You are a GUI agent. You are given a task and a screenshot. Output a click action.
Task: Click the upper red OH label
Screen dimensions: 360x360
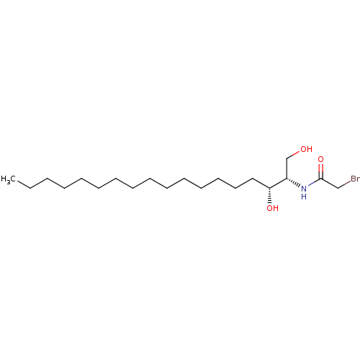click(306, 150)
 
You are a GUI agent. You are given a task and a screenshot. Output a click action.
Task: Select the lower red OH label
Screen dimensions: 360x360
click(272, 209)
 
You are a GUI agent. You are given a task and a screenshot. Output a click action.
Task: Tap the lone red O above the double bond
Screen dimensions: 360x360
click(320, 159)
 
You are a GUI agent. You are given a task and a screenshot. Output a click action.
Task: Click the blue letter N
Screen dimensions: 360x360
click(304, 188)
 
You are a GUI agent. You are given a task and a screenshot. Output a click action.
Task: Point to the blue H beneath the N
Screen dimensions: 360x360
click(304, 197)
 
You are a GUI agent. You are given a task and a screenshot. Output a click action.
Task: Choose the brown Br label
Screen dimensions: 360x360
click(355, 179)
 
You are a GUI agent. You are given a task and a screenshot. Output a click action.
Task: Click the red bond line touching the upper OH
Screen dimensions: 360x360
click(296, 153)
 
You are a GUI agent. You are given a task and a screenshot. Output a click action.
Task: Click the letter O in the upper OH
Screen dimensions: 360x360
click(303, 150)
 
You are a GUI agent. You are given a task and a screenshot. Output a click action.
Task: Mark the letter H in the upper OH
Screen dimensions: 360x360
click(310, 150)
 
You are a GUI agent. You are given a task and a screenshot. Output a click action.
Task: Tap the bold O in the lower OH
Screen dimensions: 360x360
click(269, 209)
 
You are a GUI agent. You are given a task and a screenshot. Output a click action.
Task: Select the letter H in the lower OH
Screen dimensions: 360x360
click(276, 209)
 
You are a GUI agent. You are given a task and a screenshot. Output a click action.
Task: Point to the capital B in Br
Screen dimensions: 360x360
click(353, 179)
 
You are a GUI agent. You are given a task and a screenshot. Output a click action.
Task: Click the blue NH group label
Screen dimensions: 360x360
click(304, 192)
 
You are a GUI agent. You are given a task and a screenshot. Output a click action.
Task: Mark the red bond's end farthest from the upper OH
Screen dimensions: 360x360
click(292, 155)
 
